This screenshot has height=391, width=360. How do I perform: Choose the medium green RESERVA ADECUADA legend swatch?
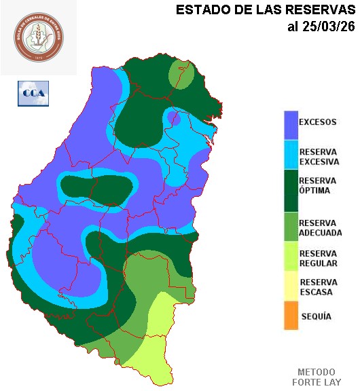click(x=291, y=227)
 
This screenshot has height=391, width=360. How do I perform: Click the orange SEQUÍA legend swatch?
click(x=291, y=316)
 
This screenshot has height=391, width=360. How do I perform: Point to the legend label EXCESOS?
click(x=318, y=123)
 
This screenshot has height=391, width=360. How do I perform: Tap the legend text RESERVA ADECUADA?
click(x=320, y=227)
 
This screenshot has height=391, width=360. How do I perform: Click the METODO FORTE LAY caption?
click(x=317, y=377)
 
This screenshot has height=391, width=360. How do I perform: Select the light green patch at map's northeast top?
click(x=181, y=73)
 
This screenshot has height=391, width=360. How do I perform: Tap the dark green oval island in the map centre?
click(x=95, y=190)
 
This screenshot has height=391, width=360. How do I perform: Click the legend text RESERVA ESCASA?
click(x=318, y=287)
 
